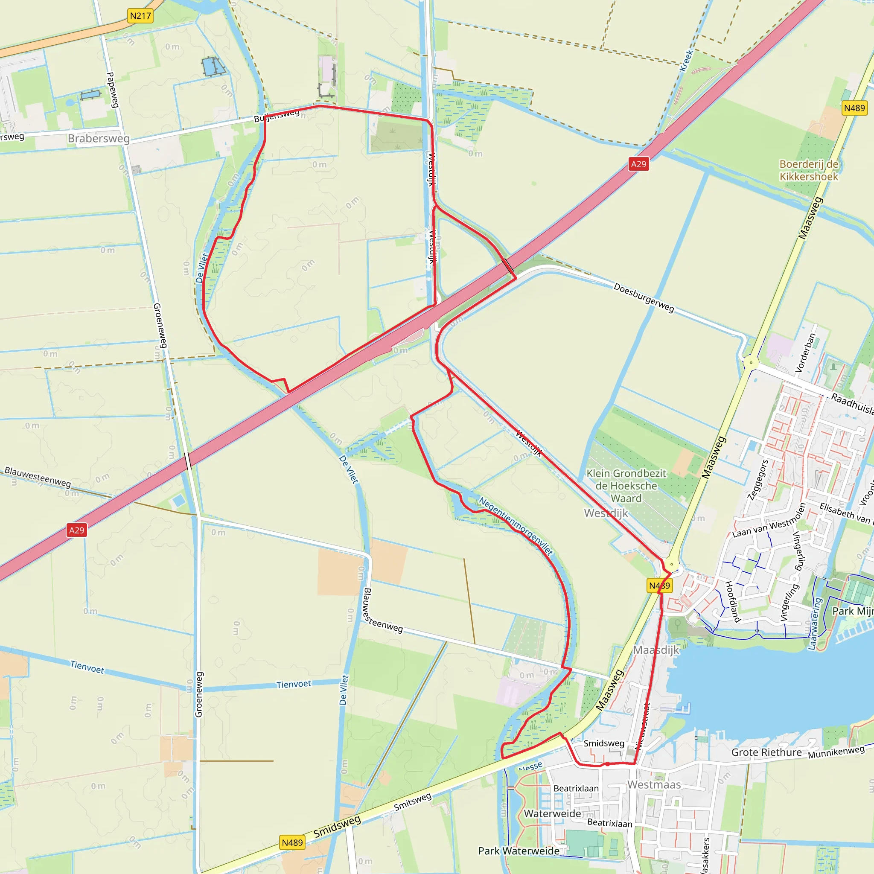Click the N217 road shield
(x=140, y=16)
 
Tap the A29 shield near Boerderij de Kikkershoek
(x=638, y=164)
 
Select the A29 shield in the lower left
(x=76, y=530)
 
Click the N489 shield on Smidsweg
(x=292, y=843)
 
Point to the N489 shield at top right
(x=854, y=108)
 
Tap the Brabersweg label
(x=99, y=138)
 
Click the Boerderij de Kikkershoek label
(x=808, y=170)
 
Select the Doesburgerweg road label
(x=643, y=297)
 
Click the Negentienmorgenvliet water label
(x=516, y=526)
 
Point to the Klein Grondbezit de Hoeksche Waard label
(x=626, y=485)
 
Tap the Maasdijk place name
(x=656, y=650)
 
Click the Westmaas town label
(x=654, y=784)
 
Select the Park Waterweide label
(x=519, y=851)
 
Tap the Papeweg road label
(x=112, y=90)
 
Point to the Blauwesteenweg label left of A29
(x=38, y=477)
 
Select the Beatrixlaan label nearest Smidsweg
(x=576, y=789)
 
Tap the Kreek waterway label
(x=686, y=60)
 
